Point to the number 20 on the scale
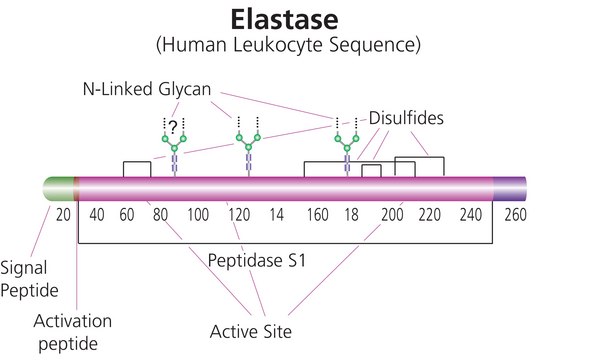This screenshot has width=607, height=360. [65, 215]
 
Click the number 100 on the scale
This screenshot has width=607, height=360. [197, 215]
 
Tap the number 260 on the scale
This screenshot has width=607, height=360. [516, 215]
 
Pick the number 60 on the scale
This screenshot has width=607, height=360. [127, 215]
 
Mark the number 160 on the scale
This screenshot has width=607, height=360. [318, 215]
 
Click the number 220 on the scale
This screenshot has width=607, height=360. [432, 215]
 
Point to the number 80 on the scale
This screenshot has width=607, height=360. [159, 215]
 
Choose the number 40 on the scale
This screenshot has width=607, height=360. [97, 215]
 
